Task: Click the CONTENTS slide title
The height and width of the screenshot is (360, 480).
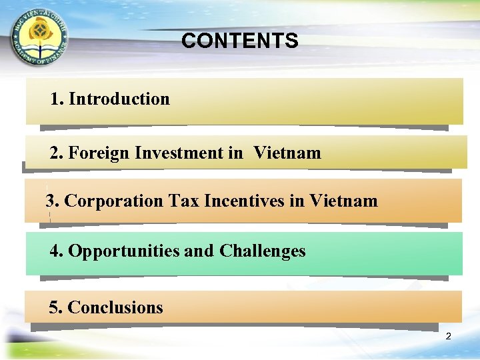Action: [239, 41]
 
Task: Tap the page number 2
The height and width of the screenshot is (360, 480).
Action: [448, 337]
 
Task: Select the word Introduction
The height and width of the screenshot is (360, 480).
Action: [119, 99]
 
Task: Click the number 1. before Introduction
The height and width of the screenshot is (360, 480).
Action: [57, 99]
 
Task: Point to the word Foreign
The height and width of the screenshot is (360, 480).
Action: [99, 153]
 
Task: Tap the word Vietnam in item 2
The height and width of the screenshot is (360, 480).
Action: [287, 153]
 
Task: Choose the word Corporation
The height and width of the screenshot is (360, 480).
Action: [114, 201]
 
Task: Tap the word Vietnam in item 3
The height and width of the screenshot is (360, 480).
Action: [343, 201]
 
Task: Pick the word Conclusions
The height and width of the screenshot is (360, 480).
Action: [115, 308]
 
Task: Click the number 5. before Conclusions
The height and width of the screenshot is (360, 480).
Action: [56, 308]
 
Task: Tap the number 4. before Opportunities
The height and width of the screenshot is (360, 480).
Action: [57, 251]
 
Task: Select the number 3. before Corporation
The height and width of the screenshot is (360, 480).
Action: [53, 201]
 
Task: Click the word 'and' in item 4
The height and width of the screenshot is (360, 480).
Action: [199, 251]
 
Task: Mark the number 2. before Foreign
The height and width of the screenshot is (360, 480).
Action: [57, 153]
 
